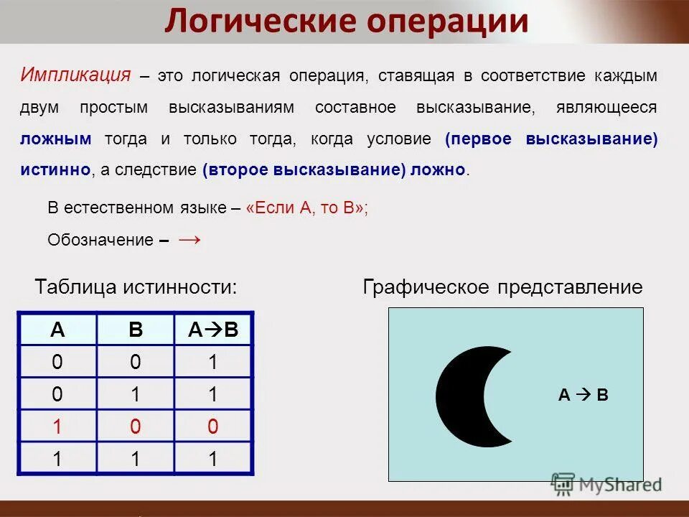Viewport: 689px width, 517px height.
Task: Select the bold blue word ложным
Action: (56, 139)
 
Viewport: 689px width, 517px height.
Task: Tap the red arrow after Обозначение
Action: (189, 239)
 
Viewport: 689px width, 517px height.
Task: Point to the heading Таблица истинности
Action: (136, 287)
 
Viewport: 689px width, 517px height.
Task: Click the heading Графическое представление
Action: (502, 288)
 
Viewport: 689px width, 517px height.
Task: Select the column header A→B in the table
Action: (212, 330)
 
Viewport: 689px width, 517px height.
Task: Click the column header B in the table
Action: (136, 330)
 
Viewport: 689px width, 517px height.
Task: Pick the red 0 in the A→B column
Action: (212, 427)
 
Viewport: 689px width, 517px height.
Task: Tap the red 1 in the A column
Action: (57, 427)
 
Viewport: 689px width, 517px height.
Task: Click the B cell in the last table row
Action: (136, 460)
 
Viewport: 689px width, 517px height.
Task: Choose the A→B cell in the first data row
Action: (212, 363)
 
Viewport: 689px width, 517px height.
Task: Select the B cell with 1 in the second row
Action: (136, 395)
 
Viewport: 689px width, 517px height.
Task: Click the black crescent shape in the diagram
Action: (459, 395)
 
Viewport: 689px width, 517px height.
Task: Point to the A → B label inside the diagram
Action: (583, 394)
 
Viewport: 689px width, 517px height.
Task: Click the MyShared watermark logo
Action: (606, 484)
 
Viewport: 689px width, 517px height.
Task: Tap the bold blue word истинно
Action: (55, 170)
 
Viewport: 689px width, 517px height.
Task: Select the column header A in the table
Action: (57, 330)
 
